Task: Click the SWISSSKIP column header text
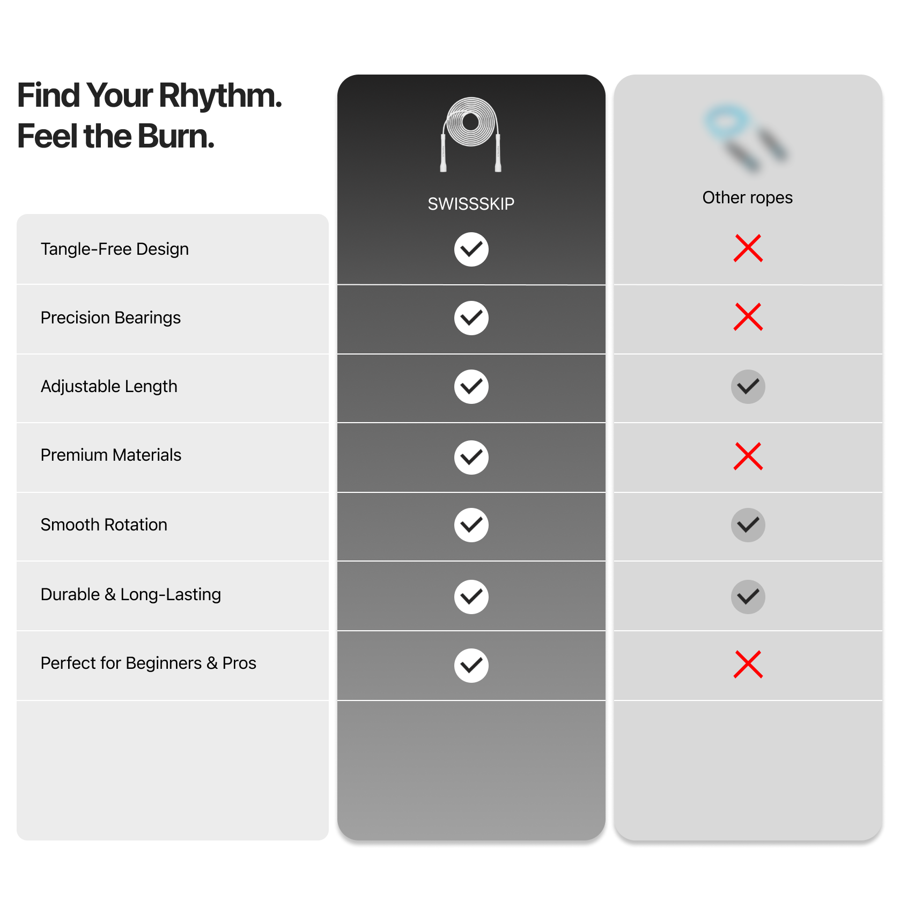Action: coord(471,204)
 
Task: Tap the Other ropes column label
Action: coord(747,197)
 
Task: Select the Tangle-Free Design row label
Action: coord(115,249)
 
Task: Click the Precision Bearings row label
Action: coord(110,318)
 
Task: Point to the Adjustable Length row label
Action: coord(109,386)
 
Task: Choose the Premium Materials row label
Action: coord(111,455)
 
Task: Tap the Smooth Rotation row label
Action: coord(104,525)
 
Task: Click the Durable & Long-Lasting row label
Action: coord(131,594)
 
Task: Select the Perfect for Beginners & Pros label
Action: coord(149,663)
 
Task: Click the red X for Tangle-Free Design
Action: coord(748,248)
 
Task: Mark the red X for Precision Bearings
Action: coord(748,317)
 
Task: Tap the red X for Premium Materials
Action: coord(748,456)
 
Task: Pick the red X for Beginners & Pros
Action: coord(748,665)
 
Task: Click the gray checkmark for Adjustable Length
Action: coord(748,387)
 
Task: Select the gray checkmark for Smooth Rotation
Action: coord(748,525)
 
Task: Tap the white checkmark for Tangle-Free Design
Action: coord(471,249)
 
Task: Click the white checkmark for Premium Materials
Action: coord(471,458)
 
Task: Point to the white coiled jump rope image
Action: coord(471,135)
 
